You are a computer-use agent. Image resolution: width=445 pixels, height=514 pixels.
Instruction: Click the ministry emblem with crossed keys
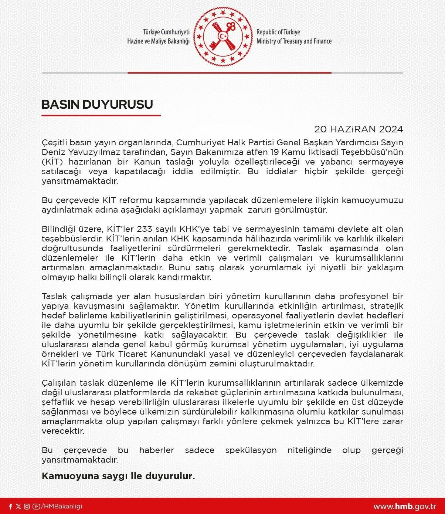click(x=223, y=36)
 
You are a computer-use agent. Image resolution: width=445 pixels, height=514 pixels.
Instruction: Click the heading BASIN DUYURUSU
click(x=97, y=105)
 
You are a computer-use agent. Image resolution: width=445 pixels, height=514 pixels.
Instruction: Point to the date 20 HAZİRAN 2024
click(x=358, y=129)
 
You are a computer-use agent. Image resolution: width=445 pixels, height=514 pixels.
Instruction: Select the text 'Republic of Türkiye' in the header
click(x=278, y=32)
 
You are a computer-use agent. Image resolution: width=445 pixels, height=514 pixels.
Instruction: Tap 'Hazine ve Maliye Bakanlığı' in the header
click(x=158, y=41)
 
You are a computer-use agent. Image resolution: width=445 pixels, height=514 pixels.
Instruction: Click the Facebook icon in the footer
click(x=10, y=507)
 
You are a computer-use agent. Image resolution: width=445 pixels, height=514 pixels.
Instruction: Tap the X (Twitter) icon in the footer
click(x=18, y=507)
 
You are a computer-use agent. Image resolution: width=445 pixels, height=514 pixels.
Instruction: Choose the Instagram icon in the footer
click(x=27, y=507)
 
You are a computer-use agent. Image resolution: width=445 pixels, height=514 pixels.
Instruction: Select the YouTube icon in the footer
click(x=36, y=507)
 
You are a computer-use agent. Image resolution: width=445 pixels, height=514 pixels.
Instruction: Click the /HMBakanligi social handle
click(x=61, y=507)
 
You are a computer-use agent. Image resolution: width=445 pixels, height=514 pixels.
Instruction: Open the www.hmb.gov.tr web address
click(x=404, y=507)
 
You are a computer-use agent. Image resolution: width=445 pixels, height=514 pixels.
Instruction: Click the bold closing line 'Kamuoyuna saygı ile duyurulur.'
click(x=118, y=476)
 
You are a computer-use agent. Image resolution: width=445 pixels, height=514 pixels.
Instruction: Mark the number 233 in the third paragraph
click(x=145, y=229)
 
